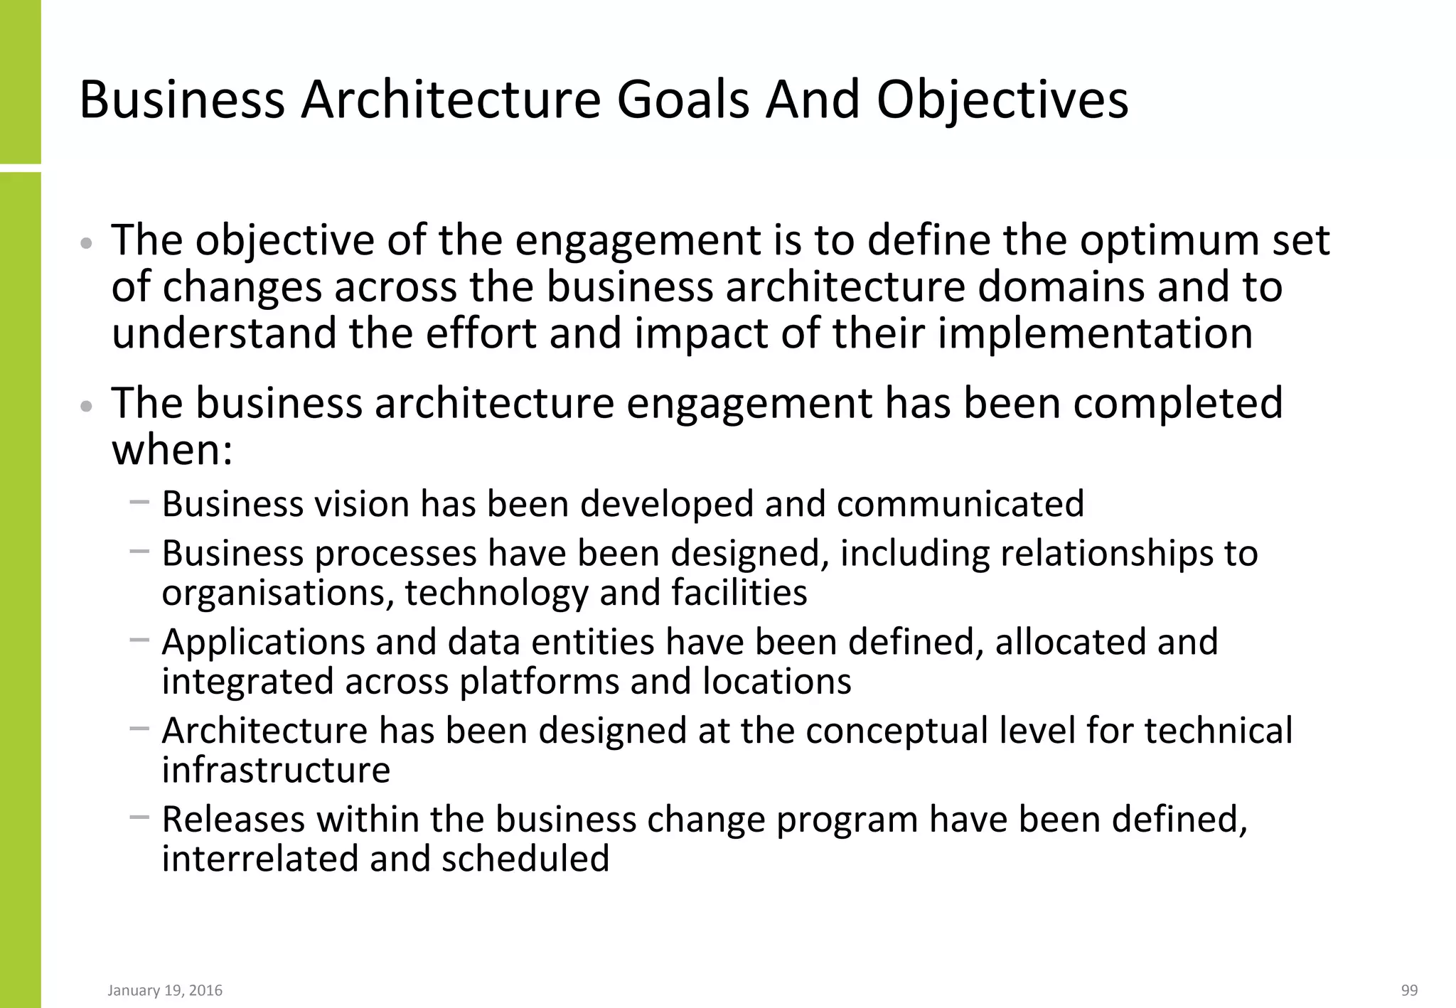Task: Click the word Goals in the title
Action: (x=682, y=100)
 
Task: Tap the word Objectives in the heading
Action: (x=1002, y=101)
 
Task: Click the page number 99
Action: (x=1409, y=990)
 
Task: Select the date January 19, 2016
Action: (x=165, y=990)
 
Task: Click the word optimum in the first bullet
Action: (x=1162, y=242)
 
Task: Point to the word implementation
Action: (x=1095, y=334)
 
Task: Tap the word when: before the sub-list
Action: (x=172, y=450)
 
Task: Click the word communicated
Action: (x=960, y=504)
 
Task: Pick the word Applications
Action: (x=263, y=643)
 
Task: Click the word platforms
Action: (x=538, y=682)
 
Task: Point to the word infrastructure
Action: (x=276, y=770)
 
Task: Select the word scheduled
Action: (x=525, y=858)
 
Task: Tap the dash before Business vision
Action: (x=139, y=503)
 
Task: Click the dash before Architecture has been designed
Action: (x=139, y=729)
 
